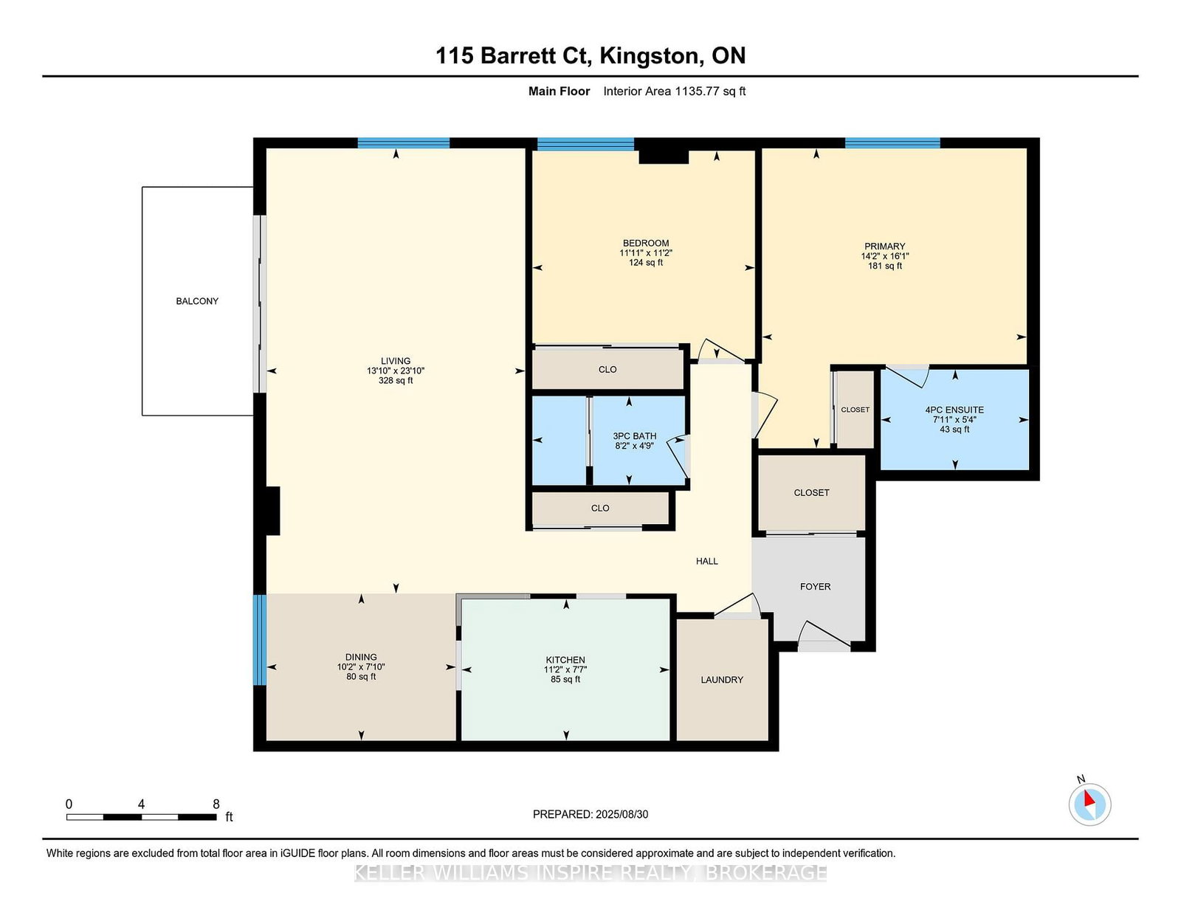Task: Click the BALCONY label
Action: point(197,301)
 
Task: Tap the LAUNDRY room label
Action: point(722,680)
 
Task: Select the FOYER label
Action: point(815,587)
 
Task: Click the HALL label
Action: point(706,561)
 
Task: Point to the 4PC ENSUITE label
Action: point(954,410)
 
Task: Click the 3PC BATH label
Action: point(634,436)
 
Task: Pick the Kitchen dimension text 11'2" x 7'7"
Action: point(565,669)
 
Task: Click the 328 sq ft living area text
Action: point(396,381)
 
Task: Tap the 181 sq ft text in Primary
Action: point(884,266)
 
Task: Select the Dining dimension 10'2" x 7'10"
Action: point(361,666)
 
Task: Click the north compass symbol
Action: point(1089,804)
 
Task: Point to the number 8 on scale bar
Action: point(216,805)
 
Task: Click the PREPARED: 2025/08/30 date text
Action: point(590,814)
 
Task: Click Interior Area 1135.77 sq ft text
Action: point(674,92)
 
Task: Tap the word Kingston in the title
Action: point(650,56)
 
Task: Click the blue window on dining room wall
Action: point(259,640)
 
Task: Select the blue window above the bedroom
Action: point(585,144)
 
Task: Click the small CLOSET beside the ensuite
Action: point(855,410)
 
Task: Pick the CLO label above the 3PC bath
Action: point(607,370)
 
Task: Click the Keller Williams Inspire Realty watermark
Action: point(590,873)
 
